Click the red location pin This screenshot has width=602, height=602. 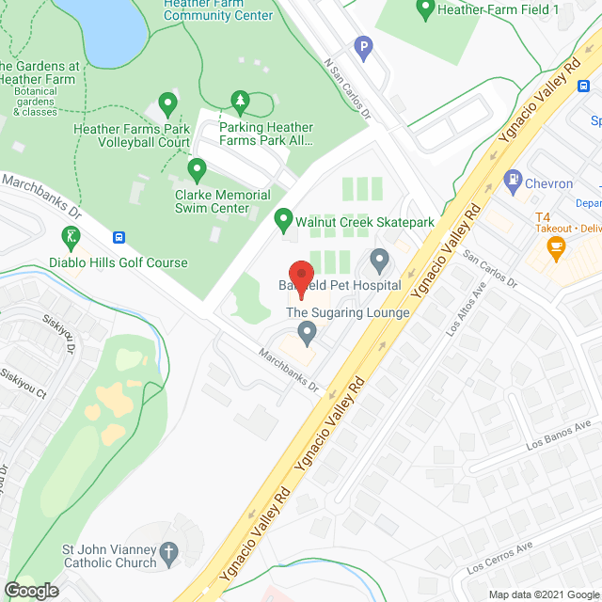coord(298,277)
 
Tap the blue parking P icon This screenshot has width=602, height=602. coord(363,45)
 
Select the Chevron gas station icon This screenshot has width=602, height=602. coord(513,177)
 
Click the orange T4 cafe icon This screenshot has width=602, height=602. coord(556,247)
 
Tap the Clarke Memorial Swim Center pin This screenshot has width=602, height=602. coord(197,170)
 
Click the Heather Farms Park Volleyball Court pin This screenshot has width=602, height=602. coord(167,103)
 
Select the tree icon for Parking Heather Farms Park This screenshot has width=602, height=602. coord(240,100)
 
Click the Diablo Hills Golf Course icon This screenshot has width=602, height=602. coord(70,235)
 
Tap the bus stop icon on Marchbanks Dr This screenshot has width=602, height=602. coord(119,238)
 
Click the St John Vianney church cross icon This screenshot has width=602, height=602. coord(168,551)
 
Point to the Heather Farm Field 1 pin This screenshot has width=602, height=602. coord(424,9)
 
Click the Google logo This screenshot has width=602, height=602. coord(30,589)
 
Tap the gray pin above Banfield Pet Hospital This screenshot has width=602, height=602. coord(379,259)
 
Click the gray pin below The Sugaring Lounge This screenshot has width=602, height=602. coord(307,331)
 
